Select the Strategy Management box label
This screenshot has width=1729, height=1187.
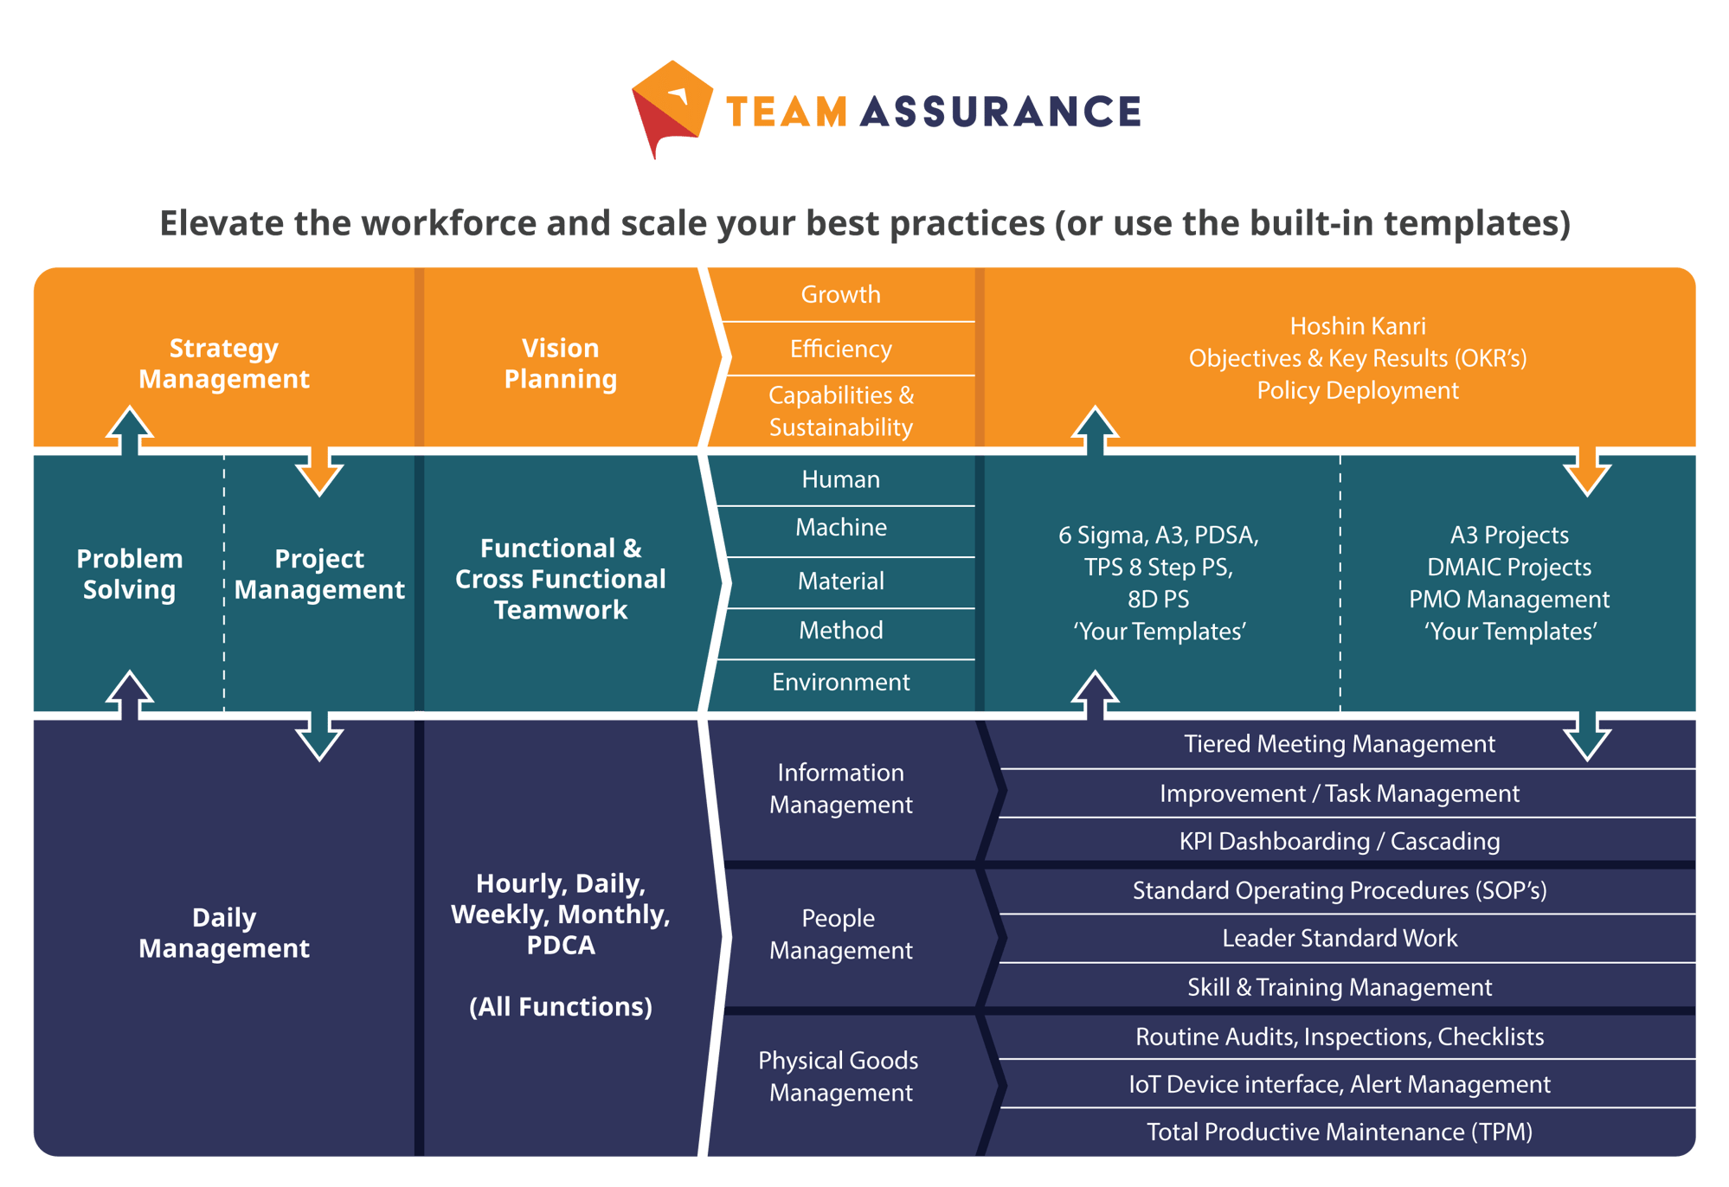click(224, 363)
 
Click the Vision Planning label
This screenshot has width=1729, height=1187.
click(560, 363)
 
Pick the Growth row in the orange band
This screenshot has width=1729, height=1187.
click(840, 295)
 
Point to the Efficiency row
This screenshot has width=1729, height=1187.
click(840, 350)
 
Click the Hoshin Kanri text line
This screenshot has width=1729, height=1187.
click(1357, 326)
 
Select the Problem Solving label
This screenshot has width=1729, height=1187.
click(130, 574)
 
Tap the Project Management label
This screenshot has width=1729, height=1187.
click(319, 574)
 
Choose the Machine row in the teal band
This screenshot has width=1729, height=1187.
click(840, 528)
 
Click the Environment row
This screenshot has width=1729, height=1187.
click(840, 683)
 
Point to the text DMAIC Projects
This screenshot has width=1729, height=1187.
click(1508, 568)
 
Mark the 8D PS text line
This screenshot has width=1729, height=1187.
click(1158, 600)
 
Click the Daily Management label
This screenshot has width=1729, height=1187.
click(224, 933)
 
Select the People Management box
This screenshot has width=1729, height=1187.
click(840, 934)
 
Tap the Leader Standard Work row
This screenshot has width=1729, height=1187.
click(1339, 939)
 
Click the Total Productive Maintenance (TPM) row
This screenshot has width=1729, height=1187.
click(1339, 1132)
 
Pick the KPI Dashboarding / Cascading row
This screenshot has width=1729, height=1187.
click(1339, 842)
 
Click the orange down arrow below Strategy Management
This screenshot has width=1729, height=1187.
click(319, 471)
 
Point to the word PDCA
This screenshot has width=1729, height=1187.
click(560, 946)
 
